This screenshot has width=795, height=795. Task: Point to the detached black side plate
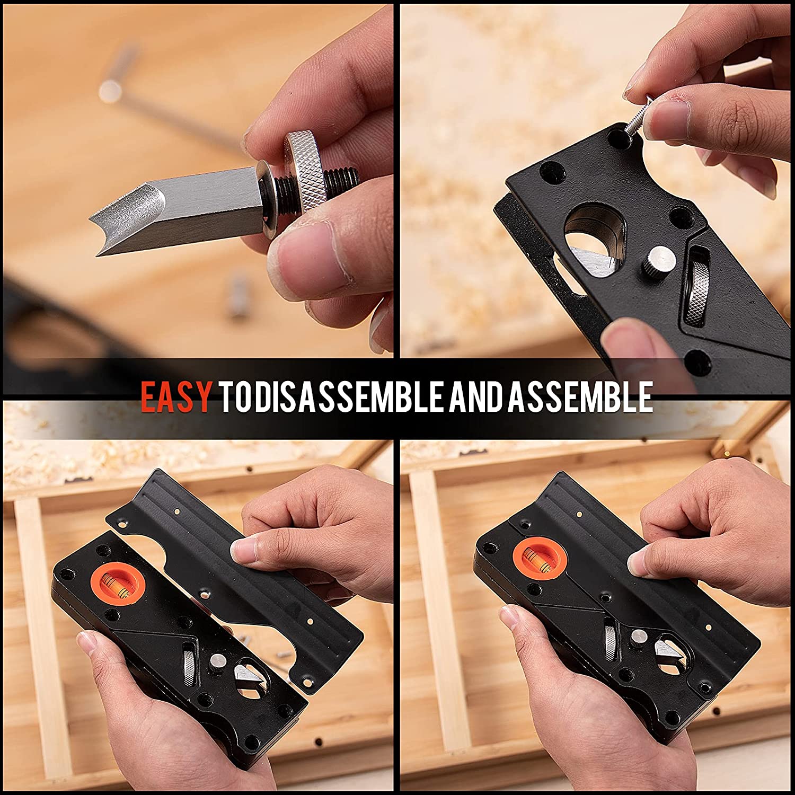pyautogui.click(x=249, y=572)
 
